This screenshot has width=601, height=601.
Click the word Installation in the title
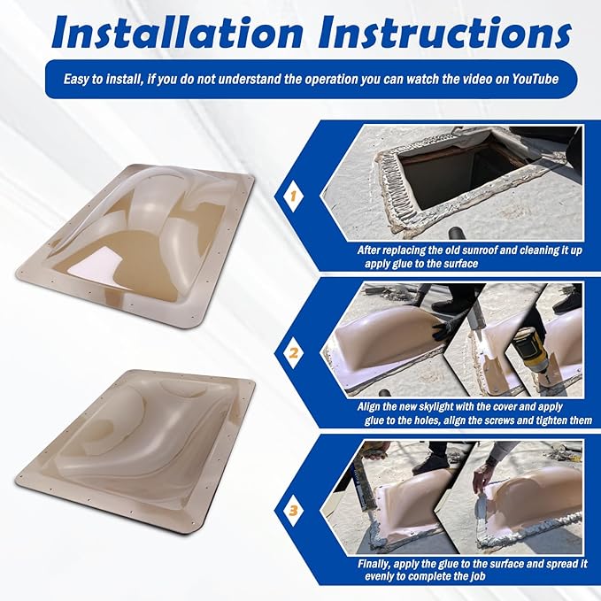(x=177, y=34)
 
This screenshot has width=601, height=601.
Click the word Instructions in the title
(x=444, y=34)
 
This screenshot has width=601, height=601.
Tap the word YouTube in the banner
(x=536, y=80)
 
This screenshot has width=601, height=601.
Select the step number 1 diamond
(x=293, y=196)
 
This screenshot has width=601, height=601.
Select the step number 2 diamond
(x=293, y=353)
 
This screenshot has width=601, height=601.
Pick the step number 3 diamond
(x=293, y=510)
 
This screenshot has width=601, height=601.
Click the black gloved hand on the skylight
(x=443, y=330)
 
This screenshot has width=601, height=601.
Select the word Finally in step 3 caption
(x=374, y=564)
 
